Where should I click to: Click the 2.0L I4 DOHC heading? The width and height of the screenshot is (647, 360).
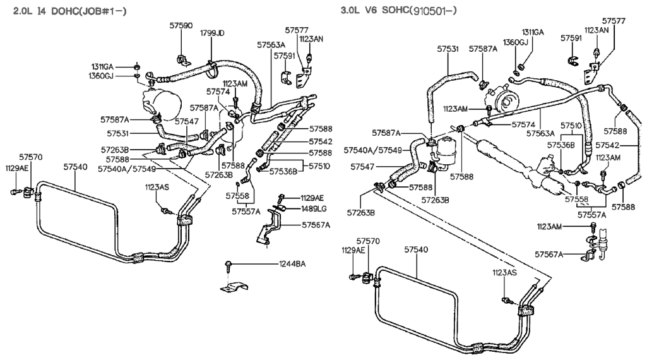70,11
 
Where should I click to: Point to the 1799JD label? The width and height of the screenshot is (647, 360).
212,33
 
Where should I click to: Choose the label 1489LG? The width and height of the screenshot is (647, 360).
314,208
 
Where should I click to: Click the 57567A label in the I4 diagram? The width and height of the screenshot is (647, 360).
316,224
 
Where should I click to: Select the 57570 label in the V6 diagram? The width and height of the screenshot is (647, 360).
368,241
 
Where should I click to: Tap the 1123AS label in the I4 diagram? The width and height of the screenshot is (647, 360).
157,187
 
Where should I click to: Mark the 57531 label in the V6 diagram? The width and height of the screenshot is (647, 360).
449,47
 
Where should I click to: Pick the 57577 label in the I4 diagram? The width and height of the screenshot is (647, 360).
296,30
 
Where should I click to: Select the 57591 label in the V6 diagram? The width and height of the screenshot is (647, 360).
571,39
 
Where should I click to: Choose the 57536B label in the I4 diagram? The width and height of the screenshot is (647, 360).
284,171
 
